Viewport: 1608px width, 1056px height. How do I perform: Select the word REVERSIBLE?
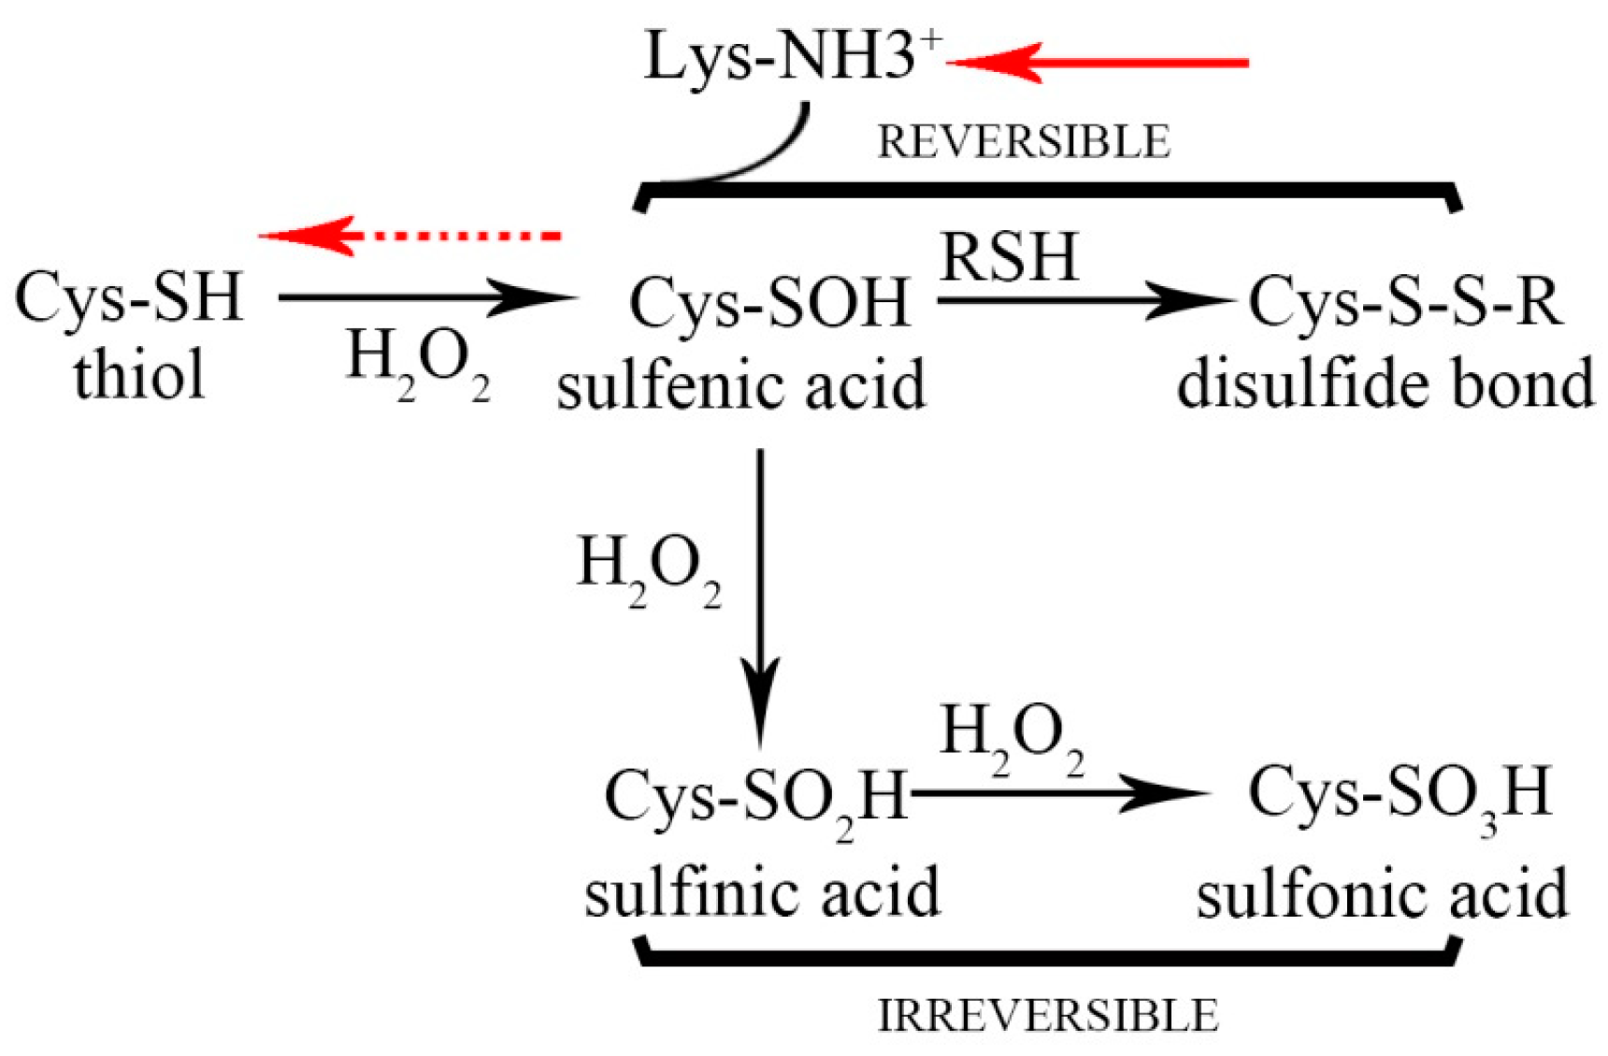pyautogui.click(x=1023, y=142)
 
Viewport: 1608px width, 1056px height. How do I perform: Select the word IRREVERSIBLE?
pyautogui.click(x=1047, y=1016)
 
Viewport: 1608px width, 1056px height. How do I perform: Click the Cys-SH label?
pyautogui.click(x=129, y=297)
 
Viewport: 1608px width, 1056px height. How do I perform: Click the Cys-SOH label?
pyautogui.click(x=769, y=303)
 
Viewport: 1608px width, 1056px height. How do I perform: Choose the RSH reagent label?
pyautogui.click(x=1010, y=257)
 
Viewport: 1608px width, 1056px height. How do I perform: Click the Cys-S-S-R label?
pyautogui.click(x=1405, y=302)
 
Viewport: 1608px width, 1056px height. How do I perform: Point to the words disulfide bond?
pyautogui.click(x=1385, y=384)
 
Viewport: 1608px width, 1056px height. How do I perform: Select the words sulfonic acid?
pyautogui.click(x=1382, y=893)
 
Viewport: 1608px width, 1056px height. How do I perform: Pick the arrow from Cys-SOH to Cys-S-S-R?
pyautogui.click(x=1084, y=300)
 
